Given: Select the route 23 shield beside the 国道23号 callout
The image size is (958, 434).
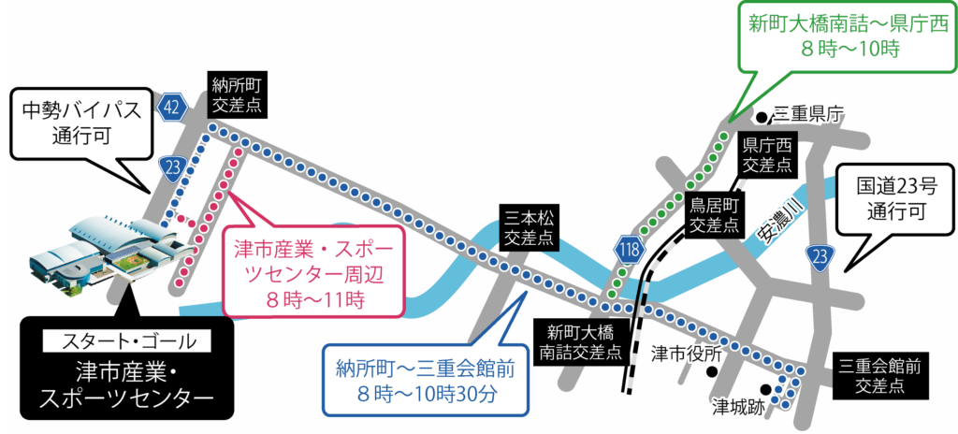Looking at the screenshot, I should click(820, 258).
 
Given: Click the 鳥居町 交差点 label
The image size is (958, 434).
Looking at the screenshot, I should click(715, 215).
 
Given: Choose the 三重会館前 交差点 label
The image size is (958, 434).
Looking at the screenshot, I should click(870, 375).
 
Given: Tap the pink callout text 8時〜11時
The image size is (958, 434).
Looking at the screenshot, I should click(313, 300).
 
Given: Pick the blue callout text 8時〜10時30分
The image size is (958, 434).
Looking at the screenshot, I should click(426, 393).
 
